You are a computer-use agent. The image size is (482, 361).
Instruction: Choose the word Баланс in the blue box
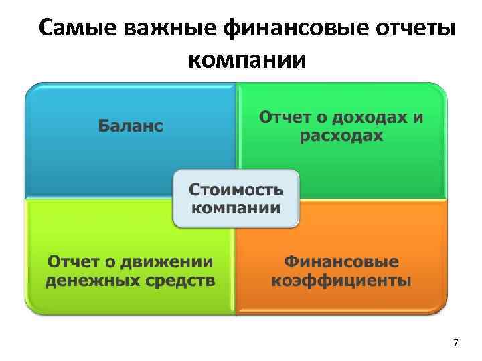pos(131,126)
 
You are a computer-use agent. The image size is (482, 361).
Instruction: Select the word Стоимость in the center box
pos(236,187)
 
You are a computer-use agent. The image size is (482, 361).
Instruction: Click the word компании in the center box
pos(236,206)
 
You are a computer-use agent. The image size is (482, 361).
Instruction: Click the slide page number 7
pos(456,343)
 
